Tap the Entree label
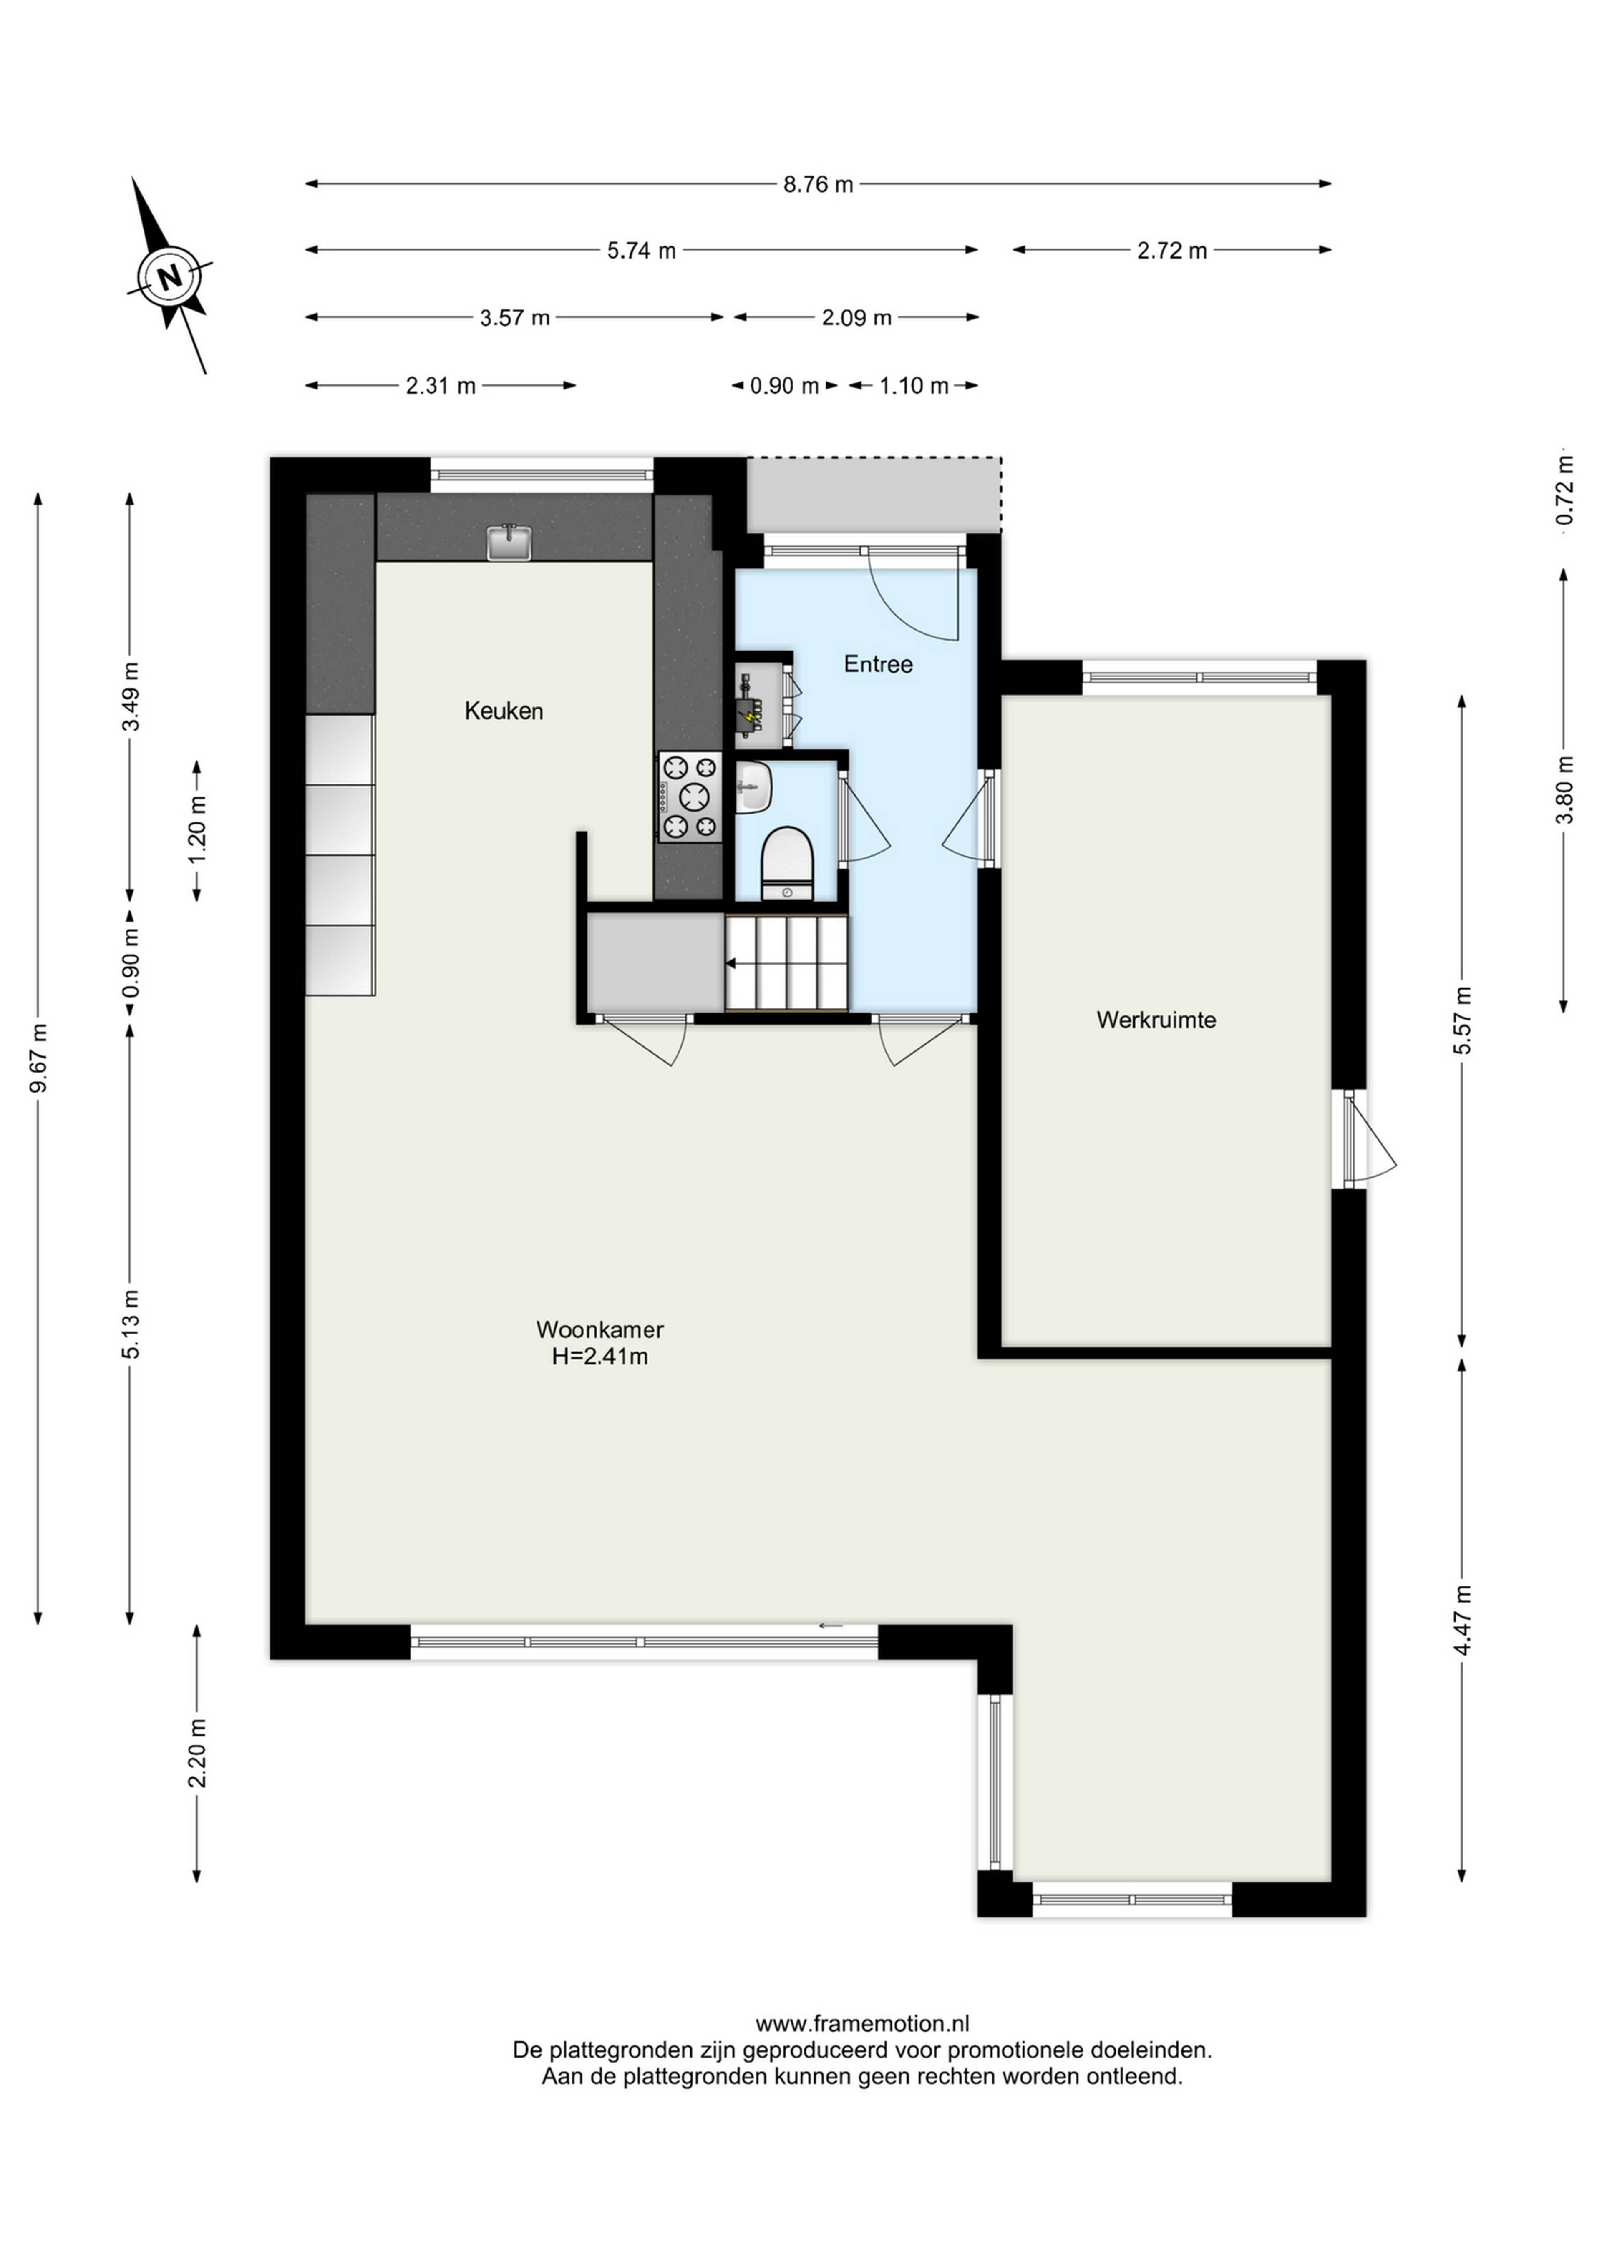(x=878, y=665)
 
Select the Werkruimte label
(x=1156, y=1020)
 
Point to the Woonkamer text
(x=600, y=1329)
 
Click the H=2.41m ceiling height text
(x=600, y=1357)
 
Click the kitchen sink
(x=509, y=543)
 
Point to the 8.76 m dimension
(x=818, y=184)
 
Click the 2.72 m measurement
(x=1172, y=251)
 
